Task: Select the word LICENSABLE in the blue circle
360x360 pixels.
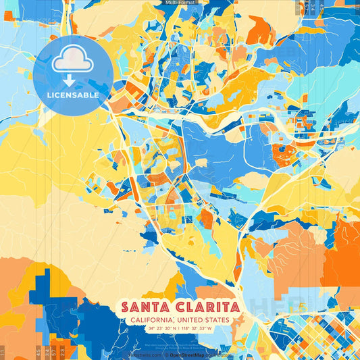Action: [72, 95]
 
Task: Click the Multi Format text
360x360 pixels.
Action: [180, 3]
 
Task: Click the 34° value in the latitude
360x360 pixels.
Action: [152, 328]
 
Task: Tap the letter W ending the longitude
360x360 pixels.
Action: [209, 328]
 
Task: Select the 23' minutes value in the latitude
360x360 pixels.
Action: [160, 328]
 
